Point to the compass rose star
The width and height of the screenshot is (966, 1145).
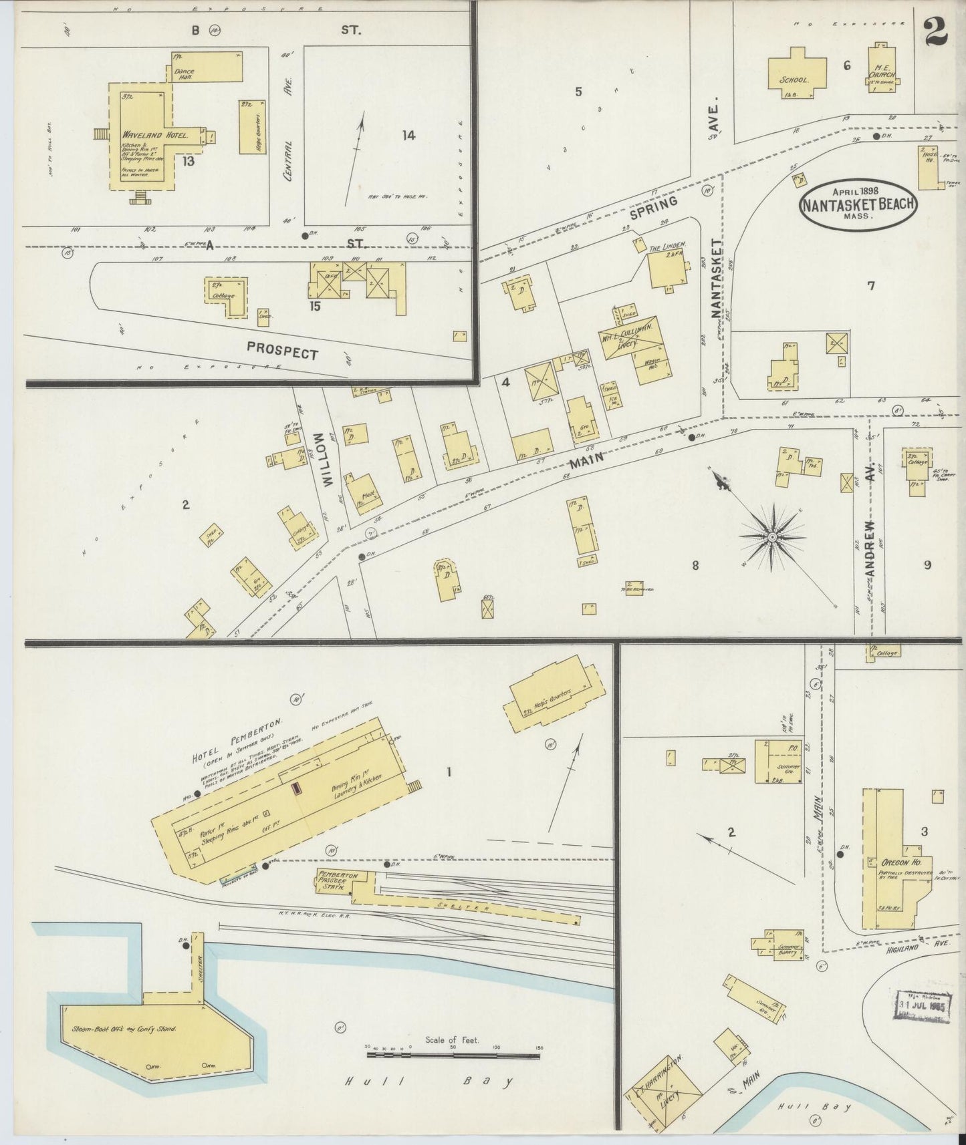pos(773,537)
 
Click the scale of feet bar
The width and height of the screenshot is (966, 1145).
pos(453,1055)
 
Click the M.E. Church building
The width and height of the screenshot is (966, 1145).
pos(881,70)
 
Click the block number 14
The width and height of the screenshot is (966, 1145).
pos(408,135)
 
